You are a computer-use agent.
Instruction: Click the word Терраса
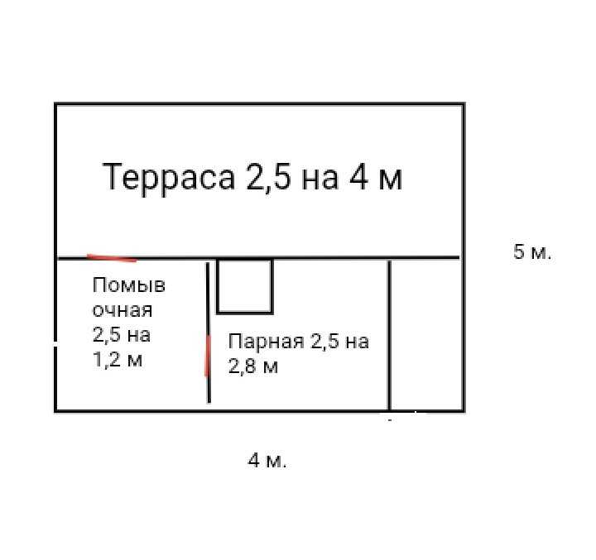point(170,178)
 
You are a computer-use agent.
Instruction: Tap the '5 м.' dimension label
point(532,252)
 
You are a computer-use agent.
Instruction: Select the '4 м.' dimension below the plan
point(267,461)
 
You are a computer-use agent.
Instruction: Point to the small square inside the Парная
point(245,286)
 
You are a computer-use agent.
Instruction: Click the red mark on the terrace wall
point(112,257)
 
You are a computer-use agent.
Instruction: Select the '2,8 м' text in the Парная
point(253,366)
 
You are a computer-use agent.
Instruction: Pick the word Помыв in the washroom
point(129,286)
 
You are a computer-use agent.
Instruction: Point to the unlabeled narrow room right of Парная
point(425,335)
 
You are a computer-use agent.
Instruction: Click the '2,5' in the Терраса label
point(267,178)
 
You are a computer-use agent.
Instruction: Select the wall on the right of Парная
point(389,335)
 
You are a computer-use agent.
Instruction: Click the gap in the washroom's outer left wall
point(55,344)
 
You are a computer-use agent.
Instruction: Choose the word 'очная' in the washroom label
point(123,311)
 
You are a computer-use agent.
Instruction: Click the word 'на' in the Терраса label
point(320,178)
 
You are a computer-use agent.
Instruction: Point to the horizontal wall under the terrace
point(331,258)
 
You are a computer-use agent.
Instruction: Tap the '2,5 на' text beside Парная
point(339,342)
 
